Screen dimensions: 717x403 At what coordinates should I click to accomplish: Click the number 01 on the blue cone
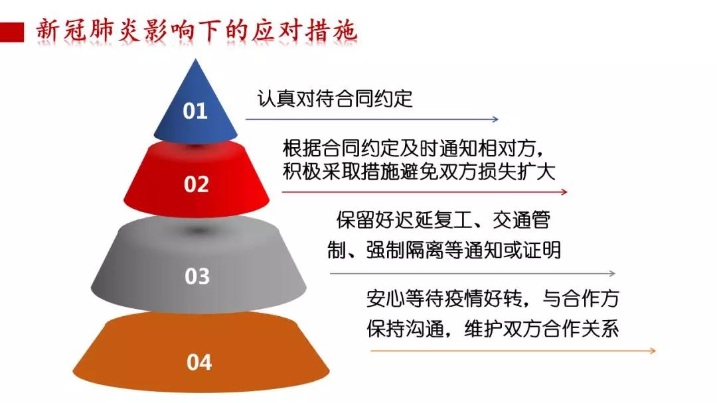pyautogui.click(x=195, y=111)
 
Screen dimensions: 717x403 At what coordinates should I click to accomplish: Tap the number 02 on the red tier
pyautogui.click(x=196, y=184)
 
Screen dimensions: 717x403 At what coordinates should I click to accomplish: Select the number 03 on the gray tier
pyautogui.click(x=197, y=276)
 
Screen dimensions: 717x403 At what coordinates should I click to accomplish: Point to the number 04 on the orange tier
pyautogui.click(x=199, y=363)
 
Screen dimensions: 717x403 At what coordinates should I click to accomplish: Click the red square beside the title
pyautogui.click(x=12, y=32)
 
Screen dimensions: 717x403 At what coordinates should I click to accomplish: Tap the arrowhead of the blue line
pyautogui.click(x=495, y=119)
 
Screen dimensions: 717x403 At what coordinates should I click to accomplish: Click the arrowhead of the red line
pyautogui.click(x=564, y=192)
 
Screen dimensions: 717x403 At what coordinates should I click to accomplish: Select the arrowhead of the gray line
pyautogui.click(x=612, y=273)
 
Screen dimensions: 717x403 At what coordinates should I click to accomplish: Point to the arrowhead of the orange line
pyautogui.click(x=653, y=351)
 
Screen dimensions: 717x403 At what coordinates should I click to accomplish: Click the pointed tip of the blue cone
pyautogui.click(x=196, y=60)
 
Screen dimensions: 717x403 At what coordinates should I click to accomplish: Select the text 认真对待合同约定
pyautogui.click(x=335, y=99)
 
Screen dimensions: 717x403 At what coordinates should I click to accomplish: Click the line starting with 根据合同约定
pyautogui.click(x=413, y=148)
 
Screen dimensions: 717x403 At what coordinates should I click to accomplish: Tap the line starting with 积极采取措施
pyautogui.click(x=419, y=172)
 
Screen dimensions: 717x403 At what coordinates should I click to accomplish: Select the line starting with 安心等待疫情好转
pyautogui.click(x=493, y=298)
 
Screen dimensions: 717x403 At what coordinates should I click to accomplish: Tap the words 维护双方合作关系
pyautogui.click(x=542, y=329)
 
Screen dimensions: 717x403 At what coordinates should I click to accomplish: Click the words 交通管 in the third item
pyautogui.click(x=521, y=221)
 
